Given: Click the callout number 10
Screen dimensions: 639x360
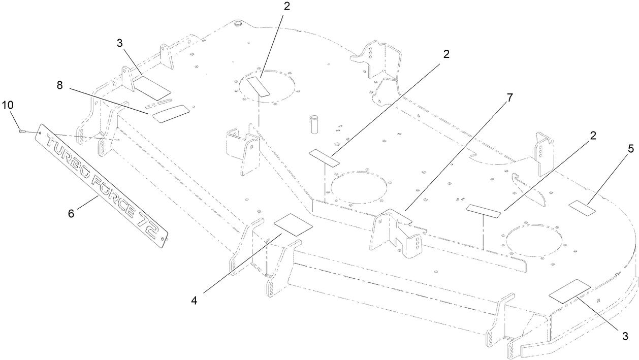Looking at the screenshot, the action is pos(8,105).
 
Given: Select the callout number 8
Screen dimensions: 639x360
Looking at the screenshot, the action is pos(59,85).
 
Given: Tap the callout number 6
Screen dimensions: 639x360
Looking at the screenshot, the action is pos(71,213).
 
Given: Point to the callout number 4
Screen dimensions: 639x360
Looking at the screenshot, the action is pos(194,301).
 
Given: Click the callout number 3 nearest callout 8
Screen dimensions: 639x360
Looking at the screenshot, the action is pos(119,43).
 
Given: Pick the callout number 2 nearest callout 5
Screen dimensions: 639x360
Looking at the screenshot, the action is pos(593,136).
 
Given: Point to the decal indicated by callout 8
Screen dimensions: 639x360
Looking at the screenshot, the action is pos(171,114).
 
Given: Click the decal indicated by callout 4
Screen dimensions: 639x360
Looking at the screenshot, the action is pos(293,225).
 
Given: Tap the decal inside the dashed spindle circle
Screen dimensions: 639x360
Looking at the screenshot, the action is pos(258,87).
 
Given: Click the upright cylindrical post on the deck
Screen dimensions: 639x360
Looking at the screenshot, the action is pos(314,124).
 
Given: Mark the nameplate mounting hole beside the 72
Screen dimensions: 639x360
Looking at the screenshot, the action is pos(163,239).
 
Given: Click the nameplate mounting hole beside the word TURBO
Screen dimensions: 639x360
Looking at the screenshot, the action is pos(41,132).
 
